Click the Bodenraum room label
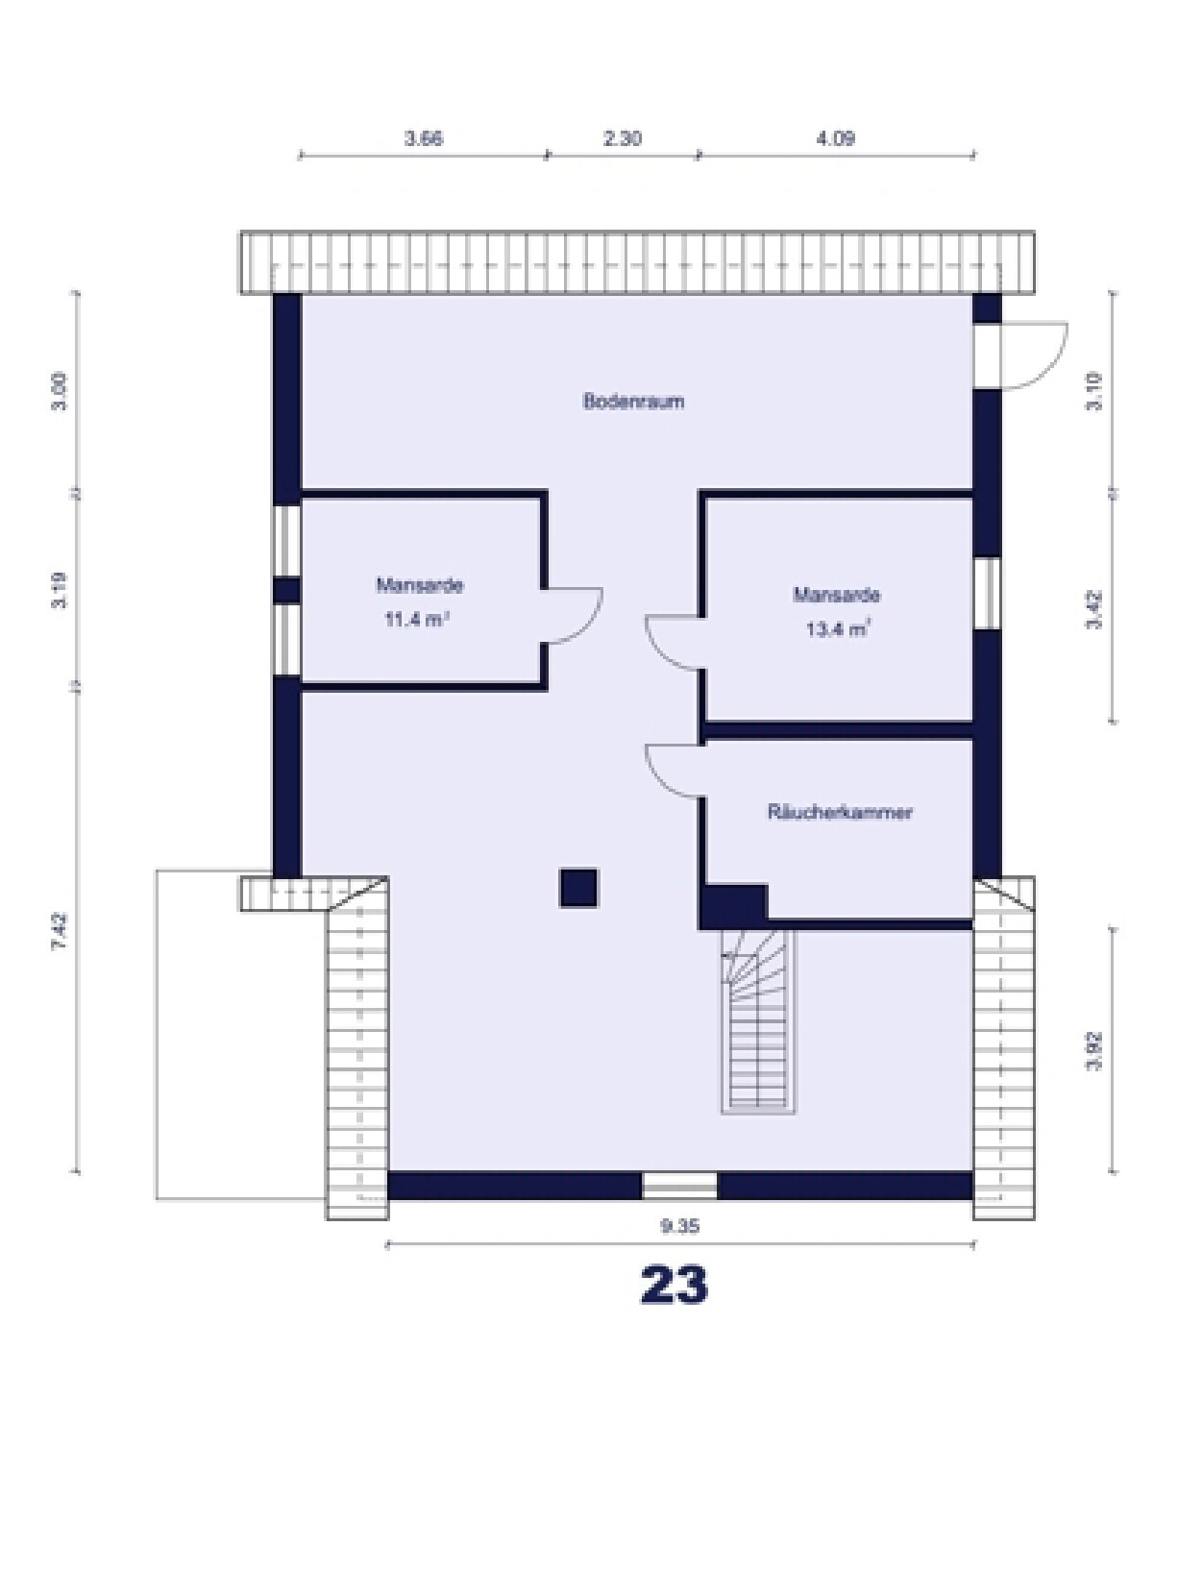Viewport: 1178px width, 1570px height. [633, 402]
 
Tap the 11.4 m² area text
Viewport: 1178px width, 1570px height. [417, 620]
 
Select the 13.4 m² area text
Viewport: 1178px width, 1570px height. [837, 630]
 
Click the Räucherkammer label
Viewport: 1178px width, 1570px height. [839, 812]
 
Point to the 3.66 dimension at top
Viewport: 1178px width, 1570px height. [423, 138]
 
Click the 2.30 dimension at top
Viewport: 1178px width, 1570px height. [623, 138]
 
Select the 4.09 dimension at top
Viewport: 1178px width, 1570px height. [835, 138]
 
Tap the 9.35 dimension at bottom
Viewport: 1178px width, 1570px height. [679, 1226]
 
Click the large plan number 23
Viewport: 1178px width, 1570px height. [674, 1285]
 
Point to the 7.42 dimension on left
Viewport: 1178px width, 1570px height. [60, 931]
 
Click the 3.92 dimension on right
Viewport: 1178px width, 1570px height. [1093, 1050]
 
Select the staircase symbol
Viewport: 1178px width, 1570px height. [759, 1023]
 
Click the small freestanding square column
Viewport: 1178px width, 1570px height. [578, 888]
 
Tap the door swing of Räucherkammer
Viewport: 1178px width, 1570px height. [675, 769]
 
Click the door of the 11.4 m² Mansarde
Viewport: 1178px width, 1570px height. [575, 615]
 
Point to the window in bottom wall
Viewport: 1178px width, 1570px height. [679, 1186]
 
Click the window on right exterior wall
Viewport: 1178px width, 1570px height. [988, 593]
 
